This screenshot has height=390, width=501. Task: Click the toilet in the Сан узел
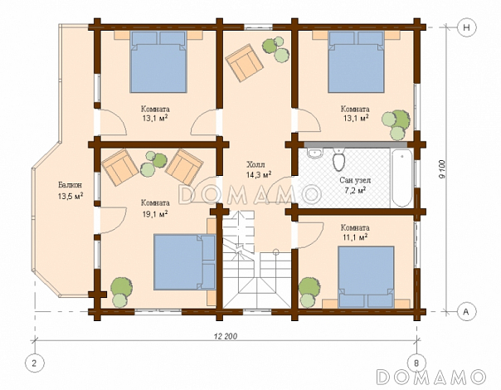[x=338, y=159]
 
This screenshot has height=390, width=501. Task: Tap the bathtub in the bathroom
[x=401, y=178]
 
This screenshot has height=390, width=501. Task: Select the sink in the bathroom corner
[x=316, y=153]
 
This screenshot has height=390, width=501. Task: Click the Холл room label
[x=255, y=165]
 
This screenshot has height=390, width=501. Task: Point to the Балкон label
[x=70, y=185]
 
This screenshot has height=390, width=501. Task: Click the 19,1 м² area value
[x=155, y=213]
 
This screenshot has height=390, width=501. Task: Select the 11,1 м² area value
[x=355, y=237]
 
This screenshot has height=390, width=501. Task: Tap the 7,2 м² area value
[x=355, y=191]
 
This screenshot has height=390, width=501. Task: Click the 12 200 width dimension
[x=226, y=336]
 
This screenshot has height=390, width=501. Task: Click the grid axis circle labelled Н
[x=466, y=27]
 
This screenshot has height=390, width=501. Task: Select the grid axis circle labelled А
[x=466, y=311]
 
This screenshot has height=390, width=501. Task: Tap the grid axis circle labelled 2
[x=34, y=363]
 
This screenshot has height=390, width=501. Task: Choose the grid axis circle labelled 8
[x=416, y=363]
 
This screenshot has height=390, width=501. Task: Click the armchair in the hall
[x=245, y=62]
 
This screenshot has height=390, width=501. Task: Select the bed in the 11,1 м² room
[x=366, y=277]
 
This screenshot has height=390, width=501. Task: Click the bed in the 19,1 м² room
[x=185, y=262]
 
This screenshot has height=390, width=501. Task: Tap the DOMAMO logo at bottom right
[x=431, y=377]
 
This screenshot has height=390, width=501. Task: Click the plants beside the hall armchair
[x=275, y=49]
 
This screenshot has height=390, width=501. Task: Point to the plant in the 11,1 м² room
[x=309, y=292]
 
